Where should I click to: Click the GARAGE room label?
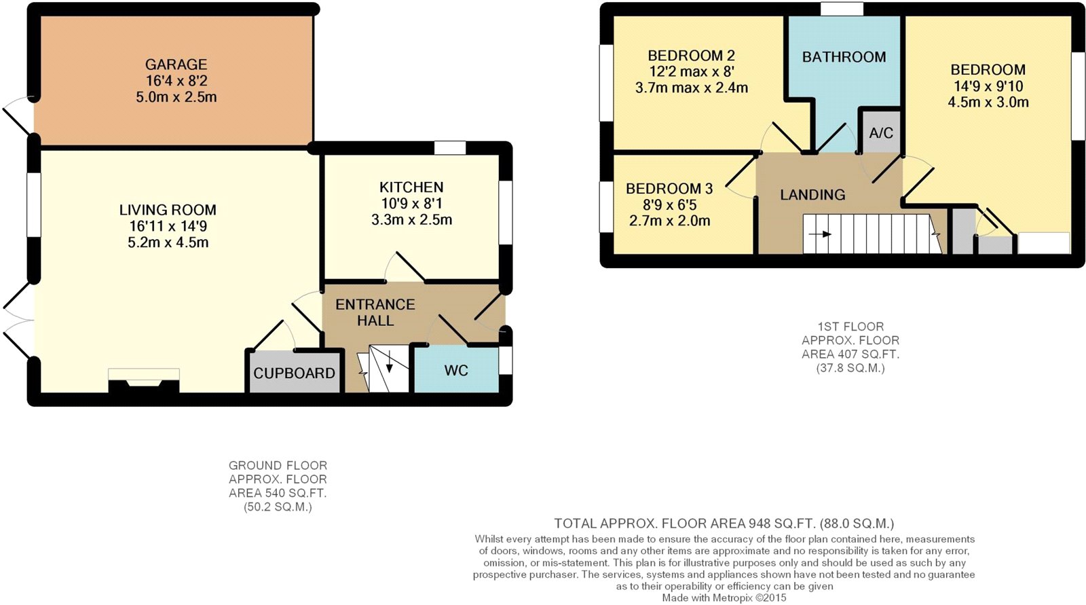(176, 65)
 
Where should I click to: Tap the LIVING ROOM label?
(168, 210)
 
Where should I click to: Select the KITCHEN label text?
(411, 187)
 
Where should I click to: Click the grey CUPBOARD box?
(295, 371)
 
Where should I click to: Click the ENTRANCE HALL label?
(375, 312)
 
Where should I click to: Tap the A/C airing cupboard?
(881, 132)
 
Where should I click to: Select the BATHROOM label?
(844, 57)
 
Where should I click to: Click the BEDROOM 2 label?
(692, 55)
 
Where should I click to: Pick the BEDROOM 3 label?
(669, 188)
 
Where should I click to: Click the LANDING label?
(812, 195)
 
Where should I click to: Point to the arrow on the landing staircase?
(821, 235)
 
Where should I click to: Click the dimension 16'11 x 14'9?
(168, 227)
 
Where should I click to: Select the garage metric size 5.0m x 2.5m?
(176, 97)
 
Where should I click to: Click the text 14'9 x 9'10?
(988, 86)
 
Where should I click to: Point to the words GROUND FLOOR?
(278, 465)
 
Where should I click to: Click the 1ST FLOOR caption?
(850, 327)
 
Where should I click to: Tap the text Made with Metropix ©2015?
(724, 598)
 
